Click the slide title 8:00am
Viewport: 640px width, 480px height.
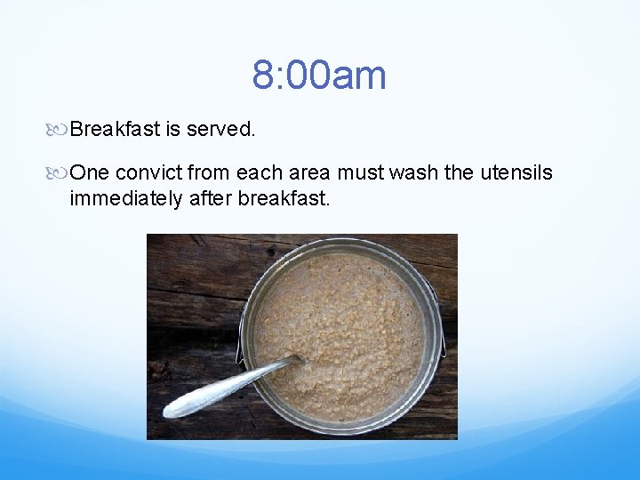pos(319,75)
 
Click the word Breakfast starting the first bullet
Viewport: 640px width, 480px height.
pos(115,130)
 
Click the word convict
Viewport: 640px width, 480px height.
pos(146,172)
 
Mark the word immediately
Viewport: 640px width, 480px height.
pos(126,198)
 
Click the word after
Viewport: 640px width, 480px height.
pos(211,198)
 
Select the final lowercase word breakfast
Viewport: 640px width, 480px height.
pos(284,198)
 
